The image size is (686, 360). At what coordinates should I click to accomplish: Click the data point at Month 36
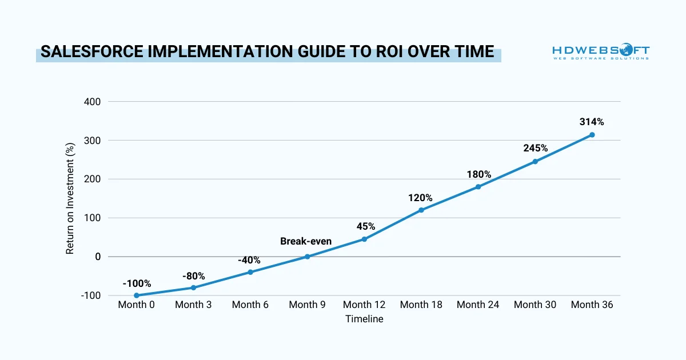pos(592,135)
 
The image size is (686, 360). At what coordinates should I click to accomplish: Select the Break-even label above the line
pos(306,241)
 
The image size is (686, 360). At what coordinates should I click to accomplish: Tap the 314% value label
pos(592,122)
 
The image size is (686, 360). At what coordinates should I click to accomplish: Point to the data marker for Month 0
pos(137,295)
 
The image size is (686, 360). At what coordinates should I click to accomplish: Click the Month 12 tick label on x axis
pos(364,305)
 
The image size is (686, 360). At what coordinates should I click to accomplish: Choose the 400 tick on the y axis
pos(93,102)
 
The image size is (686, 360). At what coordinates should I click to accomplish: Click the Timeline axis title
pos(364,319)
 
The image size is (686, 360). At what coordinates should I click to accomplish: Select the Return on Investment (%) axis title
pos(70,199)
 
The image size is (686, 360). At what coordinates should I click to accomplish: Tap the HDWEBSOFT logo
pos(601,53)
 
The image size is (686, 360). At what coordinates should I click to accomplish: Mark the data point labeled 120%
pos(421,210)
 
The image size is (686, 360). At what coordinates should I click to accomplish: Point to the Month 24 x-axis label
pos(478,305)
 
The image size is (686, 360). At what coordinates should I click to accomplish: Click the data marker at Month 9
pos(307,257)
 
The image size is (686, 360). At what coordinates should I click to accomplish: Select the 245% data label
pos(535,148)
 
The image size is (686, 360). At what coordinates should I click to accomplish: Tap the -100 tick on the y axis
pos(91,295)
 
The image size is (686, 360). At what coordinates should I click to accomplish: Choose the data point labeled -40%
pos(250,272)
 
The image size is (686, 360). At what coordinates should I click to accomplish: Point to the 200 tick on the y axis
pos(93,179)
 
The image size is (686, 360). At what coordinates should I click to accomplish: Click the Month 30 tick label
pos(535,305)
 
